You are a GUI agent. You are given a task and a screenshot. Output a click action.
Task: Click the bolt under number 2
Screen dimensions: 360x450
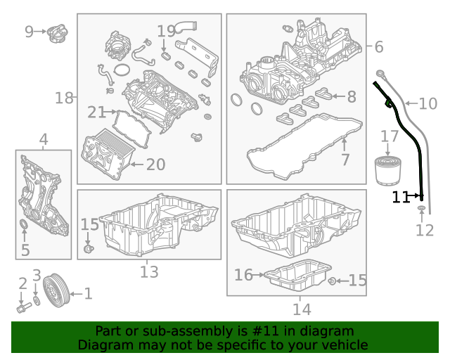tap(22, 307)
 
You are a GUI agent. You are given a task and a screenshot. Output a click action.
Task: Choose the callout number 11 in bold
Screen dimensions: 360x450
tap(401, 198)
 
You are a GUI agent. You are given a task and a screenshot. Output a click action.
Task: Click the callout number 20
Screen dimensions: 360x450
tap(155, 165)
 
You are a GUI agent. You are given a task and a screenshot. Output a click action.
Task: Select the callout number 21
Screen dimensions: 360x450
tap(96, 112)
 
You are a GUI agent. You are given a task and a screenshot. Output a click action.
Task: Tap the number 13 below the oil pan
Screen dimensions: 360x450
tap(149, 272)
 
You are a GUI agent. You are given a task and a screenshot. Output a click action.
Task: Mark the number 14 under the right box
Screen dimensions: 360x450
tap(301, 308)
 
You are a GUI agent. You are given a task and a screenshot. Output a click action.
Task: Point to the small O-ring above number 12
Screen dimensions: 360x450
tap(421, 210)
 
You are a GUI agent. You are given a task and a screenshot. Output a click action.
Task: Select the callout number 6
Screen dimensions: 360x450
tap(378, 47)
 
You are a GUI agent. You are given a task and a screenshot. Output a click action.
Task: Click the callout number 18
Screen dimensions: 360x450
tap(64, 98)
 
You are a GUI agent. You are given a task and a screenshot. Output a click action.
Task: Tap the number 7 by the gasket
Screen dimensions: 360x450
tap(345, 160)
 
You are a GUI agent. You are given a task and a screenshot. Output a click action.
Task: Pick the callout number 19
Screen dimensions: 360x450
tap(166, 31)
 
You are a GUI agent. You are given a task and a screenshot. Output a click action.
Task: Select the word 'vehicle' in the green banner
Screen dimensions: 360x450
tap(344, 345)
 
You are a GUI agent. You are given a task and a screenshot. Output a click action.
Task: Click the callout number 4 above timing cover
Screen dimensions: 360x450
tap(44, 141)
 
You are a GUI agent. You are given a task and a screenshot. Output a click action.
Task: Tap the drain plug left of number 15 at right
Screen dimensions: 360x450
tap(331, 281)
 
